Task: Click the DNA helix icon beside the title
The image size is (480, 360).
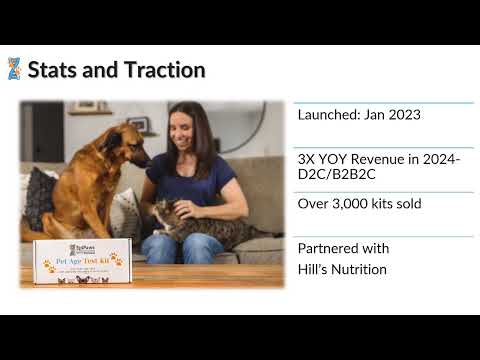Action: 14,69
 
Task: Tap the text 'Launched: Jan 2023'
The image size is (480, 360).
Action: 359,115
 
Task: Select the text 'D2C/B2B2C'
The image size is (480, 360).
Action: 335,177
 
